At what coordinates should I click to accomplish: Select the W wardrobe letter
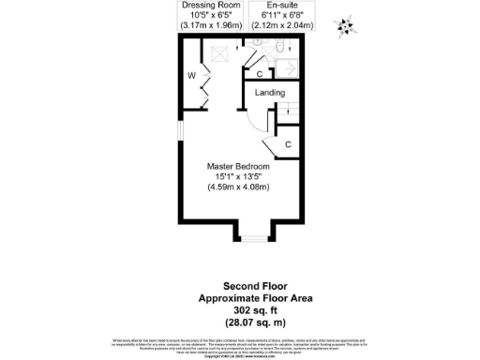pos(190,75)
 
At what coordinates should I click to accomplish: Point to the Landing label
pos(269,92)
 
